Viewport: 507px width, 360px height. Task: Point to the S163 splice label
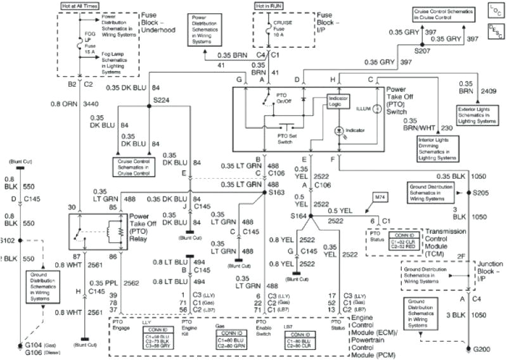pos(277,191)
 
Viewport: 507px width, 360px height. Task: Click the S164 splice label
pos(299,217)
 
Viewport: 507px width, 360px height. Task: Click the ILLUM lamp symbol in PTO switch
pos(375,109)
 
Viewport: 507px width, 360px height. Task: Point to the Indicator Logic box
pos(338,101)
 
